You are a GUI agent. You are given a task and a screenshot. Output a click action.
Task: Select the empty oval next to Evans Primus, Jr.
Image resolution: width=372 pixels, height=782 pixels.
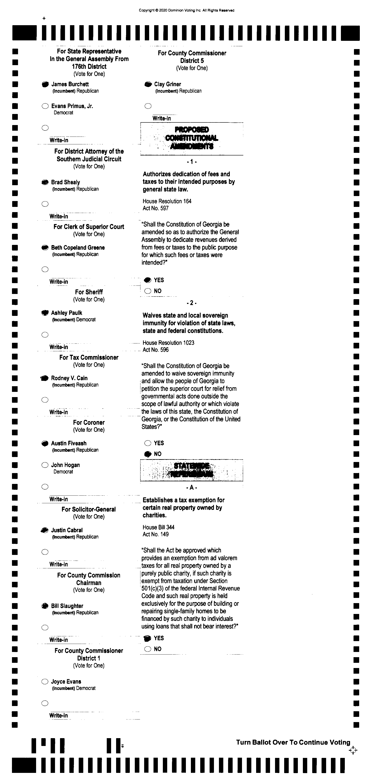coord(45,106)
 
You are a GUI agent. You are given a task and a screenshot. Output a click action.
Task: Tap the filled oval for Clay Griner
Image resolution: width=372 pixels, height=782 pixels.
coord(148,84)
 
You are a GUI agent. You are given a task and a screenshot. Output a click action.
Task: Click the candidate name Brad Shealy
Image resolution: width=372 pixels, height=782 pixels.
coord(65,182)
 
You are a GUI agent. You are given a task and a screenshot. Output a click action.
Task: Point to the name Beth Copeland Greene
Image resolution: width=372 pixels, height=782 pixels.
coord(78,247)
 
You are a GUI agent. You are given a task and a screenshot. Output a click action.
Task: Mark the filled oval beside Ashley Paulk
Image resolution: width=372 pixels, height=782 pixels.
coord(45,313)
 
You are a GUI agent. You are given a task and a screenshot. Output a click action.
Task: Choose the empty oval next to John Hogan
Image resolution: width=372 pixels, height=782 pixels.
coord(45,465)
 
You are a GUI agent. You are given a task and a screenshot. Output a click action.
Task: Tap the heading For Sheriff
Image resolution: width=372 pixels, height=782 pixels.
coord(89,292)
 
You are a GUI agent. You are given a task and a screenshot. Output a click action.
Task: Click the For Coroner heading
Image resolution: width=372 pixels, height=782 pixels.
coord(89,422)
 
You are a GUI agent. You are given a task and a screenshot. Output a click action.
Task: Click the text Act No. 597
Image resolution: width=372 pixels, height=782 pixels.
coord(156,208)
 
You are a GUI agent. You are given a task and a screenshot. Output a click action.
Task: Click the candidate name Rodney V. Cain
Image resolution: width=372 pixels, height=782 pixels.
coord(69,378)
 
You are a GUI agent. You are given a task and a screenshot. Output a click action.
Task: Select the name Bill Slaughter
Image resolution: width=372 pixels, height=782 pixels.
coord(67,606)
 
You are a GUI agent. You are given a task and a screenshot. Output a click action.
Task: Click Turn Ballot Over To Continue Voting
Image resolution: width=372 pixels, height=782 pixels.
coord(293,742)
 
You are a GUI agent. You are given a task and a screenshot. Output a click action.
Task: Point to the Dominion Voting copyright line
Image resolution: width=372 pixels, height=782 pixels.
coord(186,10)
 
